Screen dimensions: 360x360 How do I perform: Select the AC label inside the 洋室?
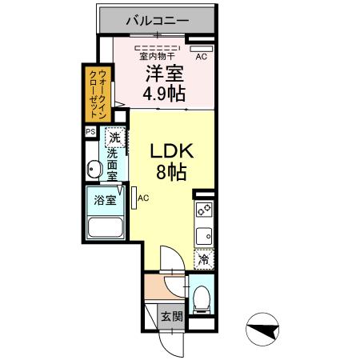(201, 57)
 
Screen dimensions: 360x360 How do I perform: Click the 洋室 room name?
(164, 74)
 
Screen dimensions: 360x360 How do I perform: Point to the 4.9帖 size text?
(164, 93)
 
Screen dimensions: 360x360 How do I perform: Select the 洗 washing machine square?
(116, 137)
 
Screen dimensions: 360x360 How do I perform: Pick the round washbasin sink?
(93, 170)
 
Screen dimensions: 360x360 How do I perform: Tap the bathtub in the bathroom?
(105, 229)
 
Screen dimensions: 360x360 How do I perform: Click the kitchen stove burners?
(204, 211)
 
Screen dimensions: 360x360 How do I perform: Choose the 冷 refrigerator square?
(204, 258)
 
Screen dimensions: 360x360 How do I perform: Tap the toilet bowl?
(204, 300)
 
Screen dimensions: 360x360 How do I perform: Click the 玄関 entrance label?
(171, 316)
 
